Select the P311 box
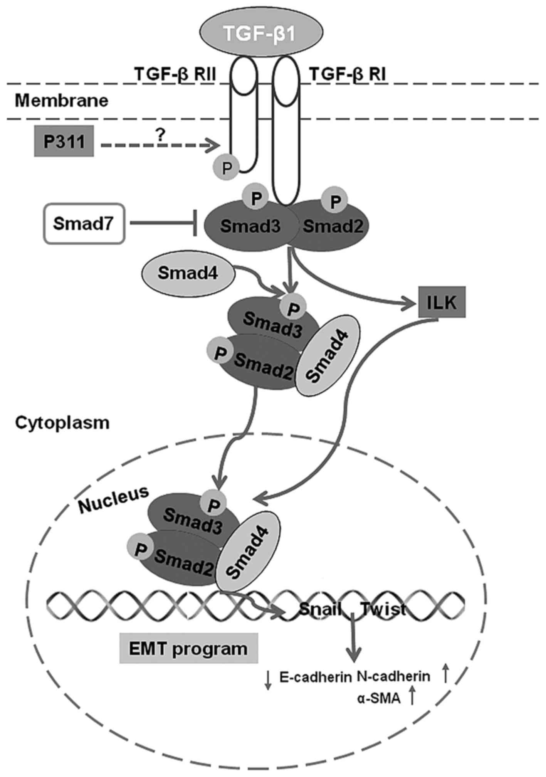(x=64, y=141)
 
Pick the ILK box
(x=442, y=302)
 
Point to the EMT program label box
(x=188, y=649)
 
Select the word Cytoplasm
(x=62, y=423)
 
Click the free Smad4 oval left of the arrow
(x=188, y=274)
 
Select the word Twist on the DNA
(x=384, y=609)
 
